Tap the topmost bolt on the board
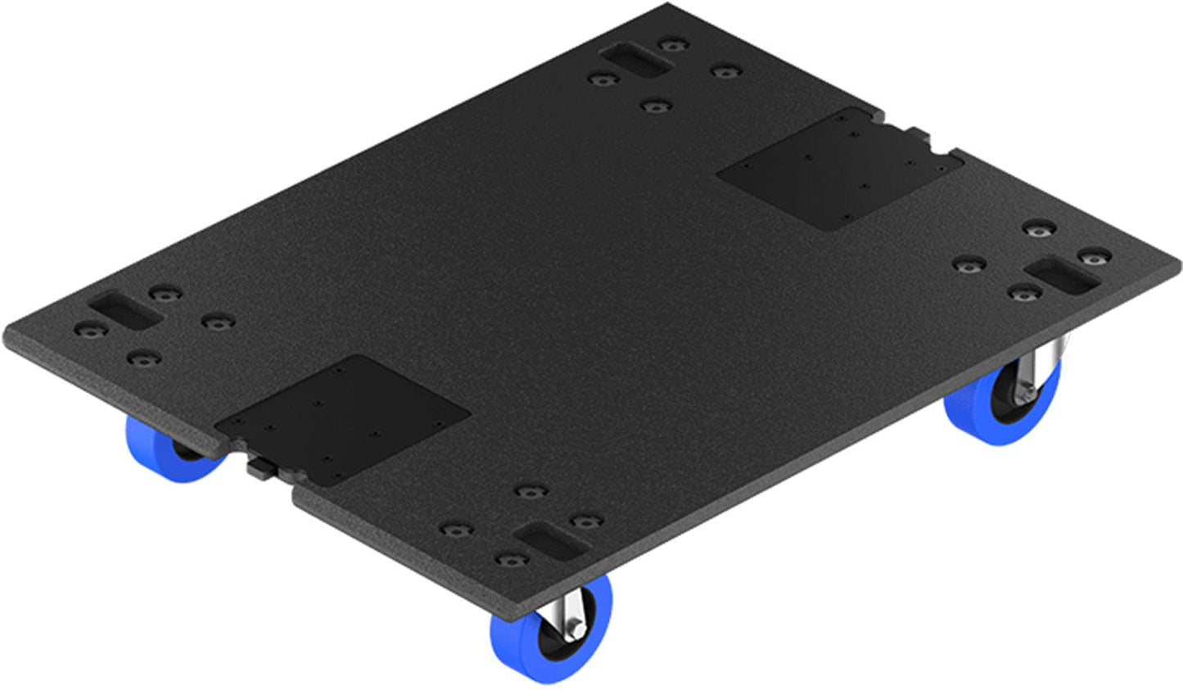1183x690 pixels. click(673, 44)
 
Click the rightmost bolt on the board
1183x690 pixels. click(1093, 258)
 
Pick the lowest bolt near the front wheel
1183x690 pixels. click(512, 561)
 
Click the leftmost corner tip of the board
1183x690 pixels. click(7, 336)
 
